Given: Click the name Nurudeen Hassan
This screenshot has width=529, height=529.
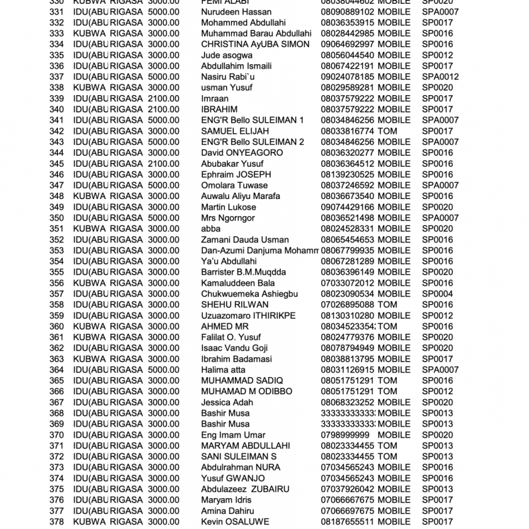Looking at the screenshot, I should (x=236, y=12).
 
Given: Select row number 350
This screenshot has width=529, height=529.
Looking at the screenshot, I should (x=57, y=218).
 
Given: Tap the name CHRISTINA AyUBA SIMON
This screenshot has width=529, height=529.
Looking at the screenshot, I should (x=255, y=44).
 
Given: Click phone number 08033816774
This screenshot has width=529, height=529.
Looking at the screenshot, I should (x=347, y=131).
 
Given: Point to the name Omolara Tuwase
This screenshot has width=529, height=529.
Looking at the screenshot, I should (x=234, y=185).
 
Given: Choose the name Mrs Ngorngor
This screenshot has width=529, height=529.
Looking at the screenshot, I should (x=228, y=218).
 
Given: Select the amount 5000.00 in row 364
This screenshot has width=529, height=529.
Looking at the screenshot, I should (x=164, y=370).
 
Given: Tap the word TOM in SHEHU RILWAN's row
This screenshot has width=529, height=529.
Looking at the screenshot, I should (x=387, y=305).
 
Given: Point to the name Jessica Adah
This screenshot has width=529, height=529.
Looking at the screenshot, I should (x=227, y=402).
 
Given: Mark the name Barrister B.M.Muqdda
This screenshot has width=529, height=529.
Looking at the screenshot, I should (x=243, y=272).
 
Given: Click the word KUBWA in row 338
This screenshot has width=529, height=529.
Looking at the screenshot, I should (x=89, y=88).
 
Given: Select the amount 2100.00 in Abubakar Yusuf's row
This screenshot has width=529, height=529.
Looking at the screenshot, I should (x=164, y=164).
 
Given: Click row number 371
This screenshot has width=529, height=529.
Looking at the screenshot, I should (x=57, y=446).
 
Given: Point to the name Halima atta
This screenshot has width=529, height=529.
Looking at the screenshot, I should (x=223, y=370).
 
